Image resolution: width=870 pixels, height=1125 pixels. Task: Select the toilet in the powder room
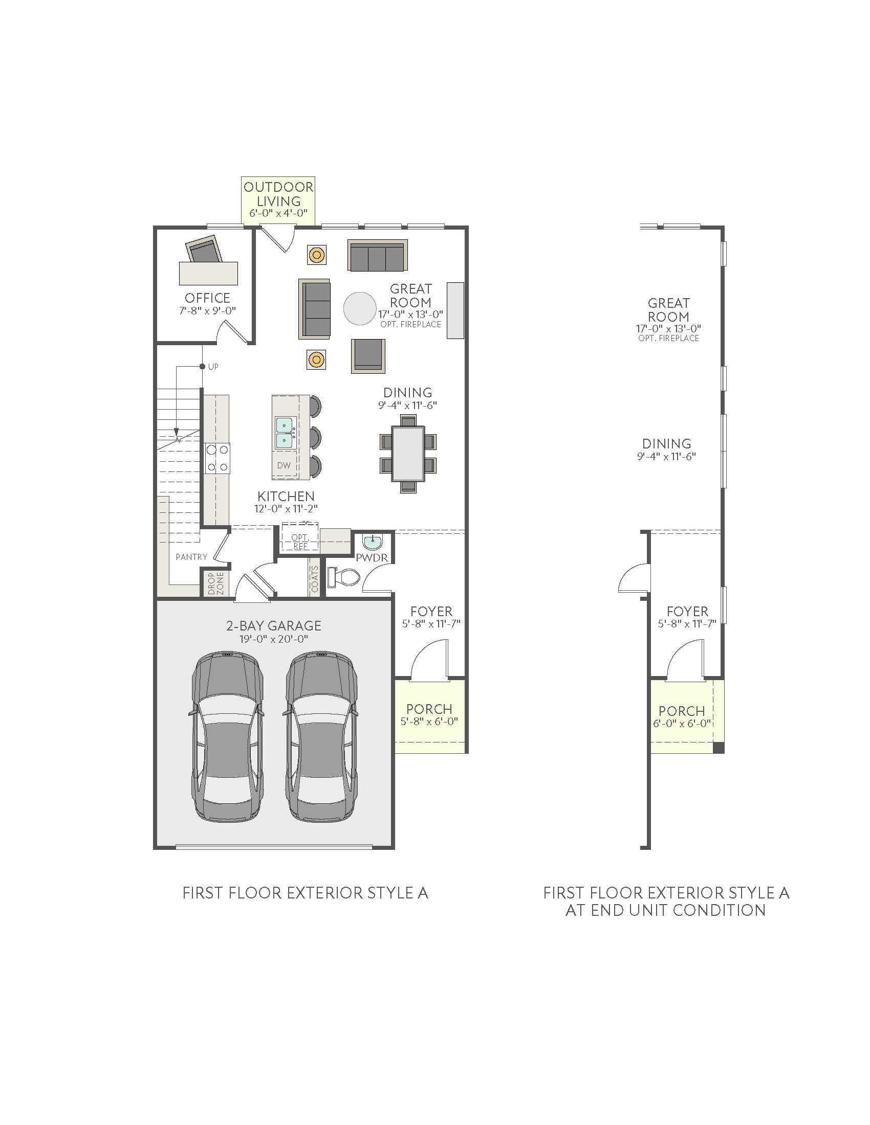(x=344, y=577)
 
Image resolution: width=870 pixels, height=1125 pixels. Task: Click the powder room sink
(x=372, y=543)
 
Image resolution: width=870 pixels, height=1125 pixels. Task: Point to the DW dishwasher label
(x=284, y=465)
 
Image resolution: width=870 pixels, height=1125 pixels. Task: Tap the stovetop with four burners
(x=217, y=458)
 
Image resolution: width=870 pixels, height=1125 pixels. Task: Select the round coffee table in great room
(x=360, y=308)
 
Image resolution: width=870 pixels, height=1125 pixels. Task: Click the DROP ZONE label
(x=216, y=583)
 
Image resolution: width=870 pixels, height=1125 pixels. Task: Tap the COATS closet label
(x=314, y=579)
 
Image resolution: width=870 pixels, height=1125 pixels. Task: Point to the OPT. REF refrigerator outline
(x=300, y=541)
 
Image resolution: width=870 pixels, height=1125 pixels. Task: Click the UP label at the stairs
(x=213, y=367)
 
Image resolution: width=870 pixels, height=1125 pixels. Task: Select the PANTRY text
(x=191, y=557)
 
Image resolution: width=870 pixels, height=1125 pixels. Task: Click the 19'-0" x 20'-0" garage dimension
(x=274, y=639)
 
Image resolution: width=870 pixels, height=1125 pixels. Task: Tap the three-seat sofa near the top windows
(x=377, y=256)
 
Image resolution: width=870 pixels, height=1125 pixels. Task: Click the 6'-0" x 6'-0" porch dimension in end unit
(x=681, y=723)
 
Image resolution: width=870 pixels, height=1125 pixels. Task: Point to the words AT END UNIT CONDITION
(x=665, y=910)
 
